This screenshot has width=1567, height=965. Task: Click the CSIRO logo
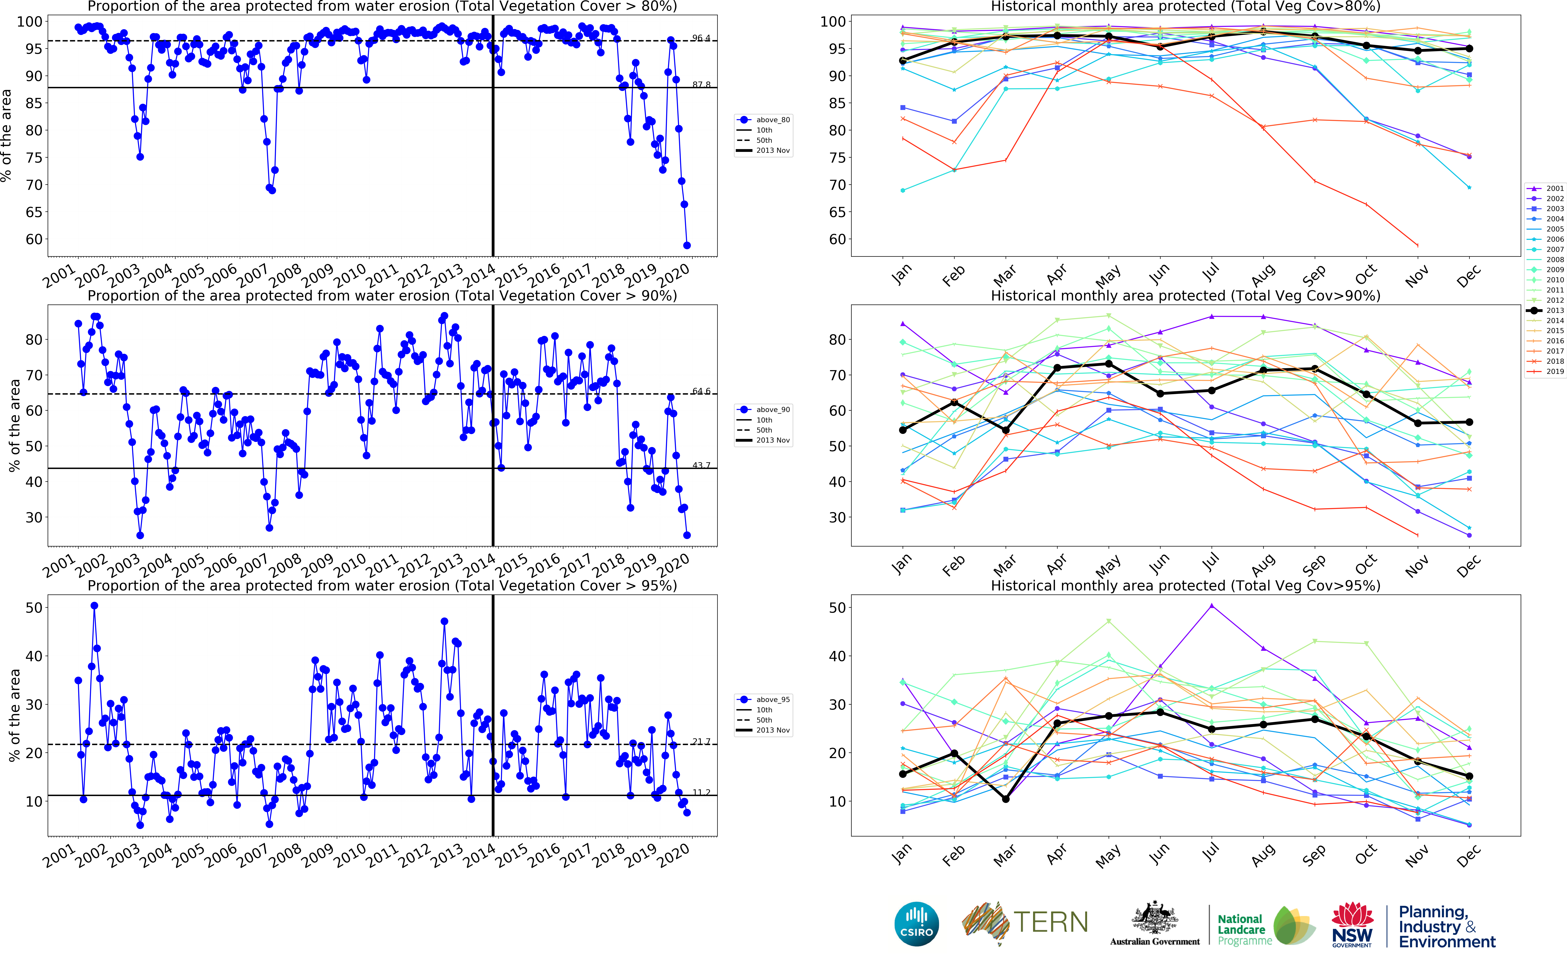pyautogui.click(x=917, y=924)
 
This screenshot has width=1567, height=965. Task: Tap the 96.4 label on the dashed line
pyautogui.click(x=701, y=38)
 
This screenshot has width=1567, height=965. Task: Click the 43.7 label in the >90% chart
pyautogui.click(x=701, y=465)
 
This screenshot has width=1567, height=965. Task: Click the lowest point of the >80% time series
pyautogui.click(x=687, y=245)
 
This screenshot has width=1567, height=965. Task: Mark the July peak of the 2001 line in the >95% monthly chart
pyautogui.click(x=1211, y=606)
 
